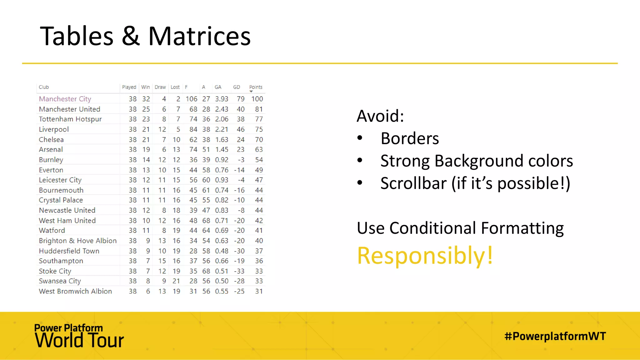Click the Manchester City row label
(x=65, y=99)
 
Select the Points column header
(x=256, y=87)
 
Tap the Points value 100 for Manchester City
(x=257, y=99)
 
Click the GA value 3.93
(x=222, y=99)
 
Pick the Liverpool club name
(x=54, y=129)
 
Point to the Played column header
(x=129, y=87)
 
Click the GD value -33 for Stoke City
(x=239, y=271)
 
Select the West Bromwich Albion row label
(x=75, y=291)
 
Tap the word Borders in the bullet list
(x=410, y=138)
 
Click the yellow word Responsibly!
(x=425, y=256)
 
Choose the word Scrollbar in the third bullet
(x=413, y=183)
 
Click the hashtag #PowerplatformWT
(x=555, y=336)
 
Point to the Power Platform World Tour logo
(x=79, y=336)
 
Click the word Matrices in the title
(x=199, y=36)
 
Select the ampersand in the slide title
(x=131, y=36)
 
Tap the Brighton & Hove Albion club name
(x=78, y=241)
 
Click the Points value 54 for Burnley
(x=259, y=160)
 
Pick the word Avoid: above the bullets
(x=380, y=116)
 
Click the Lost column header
(x=175, y=87)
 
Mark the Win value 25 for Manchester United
(x=146, y=109)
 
